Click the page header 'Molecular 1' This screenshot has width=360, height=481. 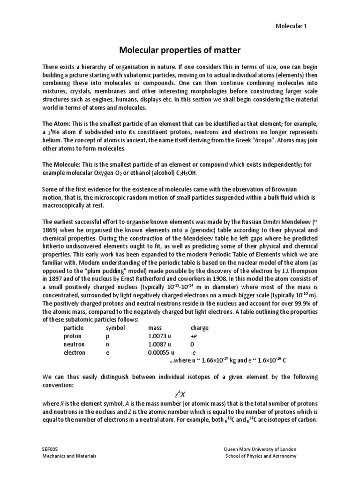pos(291,26)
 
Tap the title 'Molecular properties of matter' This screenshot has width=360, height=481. pos(180,50)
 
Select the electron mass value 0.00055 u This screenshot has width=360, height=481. pos(161,353)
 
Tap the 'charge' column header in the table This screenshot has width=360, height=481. pos(199,328)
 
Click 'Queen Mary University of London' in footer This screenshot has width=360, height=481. pos(260,449)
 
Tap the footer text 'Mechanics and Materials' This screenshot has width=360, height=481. pos(69,456)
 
